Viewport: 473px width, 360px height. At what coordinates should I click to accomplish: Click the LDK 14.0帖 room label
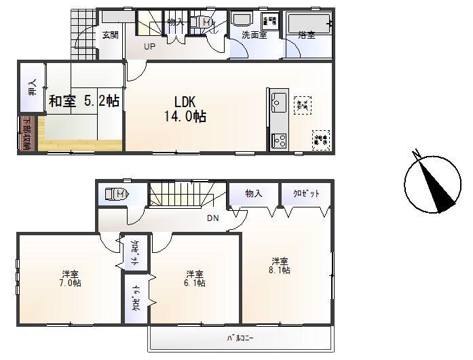pyautogui.click(x=185, y=108)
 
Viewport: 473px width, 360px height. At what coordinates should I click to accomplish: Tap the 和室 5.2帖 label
pyautogui.click(x=83, y=101)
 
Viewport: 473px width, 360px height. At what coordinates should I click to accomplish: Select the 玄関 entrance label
pyautogui.click(x=110, y=35)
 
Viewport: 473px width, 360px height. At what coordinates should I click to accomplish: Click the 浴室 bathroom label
pyautogui.click(x=307, y=35)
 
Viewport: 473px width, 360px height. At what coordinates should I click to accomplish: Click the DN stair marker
pyautogui.click(x=212, y=219)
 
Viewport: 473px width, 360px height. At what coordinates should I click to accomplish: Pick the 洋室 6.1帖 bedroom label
pyautogui.click(x=195, y=279)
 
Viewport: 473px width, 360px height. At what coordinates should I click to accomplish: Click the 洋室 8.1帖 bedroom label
pyautogui.click(x=280, y=265)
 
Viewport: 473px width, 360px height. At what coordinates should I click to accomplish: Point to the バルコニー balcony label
pyautogui.click(x=235, y=337)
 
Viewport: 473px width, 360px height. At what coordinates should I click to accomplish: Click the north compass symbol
pyautogui.click(x=432, y=182)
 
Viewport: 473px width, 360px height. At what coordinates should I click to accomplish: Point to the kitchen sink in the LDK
pyautogui.click(x=277, y=103)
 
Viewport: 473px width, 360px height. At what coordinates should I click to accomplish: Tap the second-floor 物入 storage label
pyautogui.click(x=254, y=194)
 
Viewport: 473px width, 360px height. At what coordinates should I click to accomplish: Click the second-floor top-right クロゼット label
pyautogui.click(x=306, y=194)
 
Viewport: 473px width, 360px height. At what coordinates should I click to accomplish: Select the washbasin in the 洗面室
pyautogui.click(x=242, y=20)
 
